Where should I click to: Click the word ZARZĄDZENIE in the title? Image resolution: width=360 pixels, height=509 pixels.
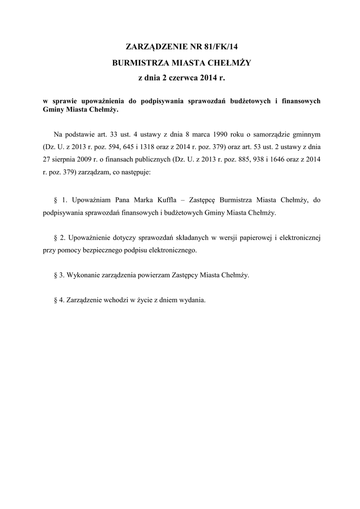[x=154, y=48]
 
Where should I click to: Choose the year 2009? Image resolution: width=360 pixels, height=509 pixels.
[x=89, y=160]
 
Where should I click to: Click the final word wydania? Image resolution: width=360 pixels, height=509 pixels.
[x=192, y=301]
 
